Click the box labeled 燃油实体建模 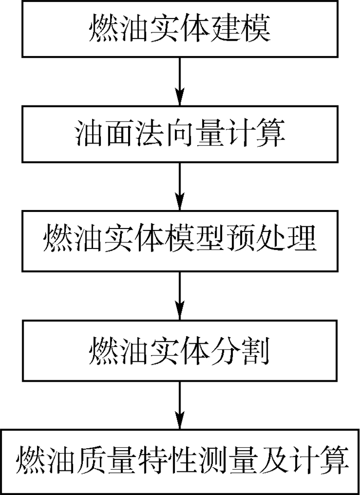coord(179,28)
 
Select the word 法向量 coord(180,134)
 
